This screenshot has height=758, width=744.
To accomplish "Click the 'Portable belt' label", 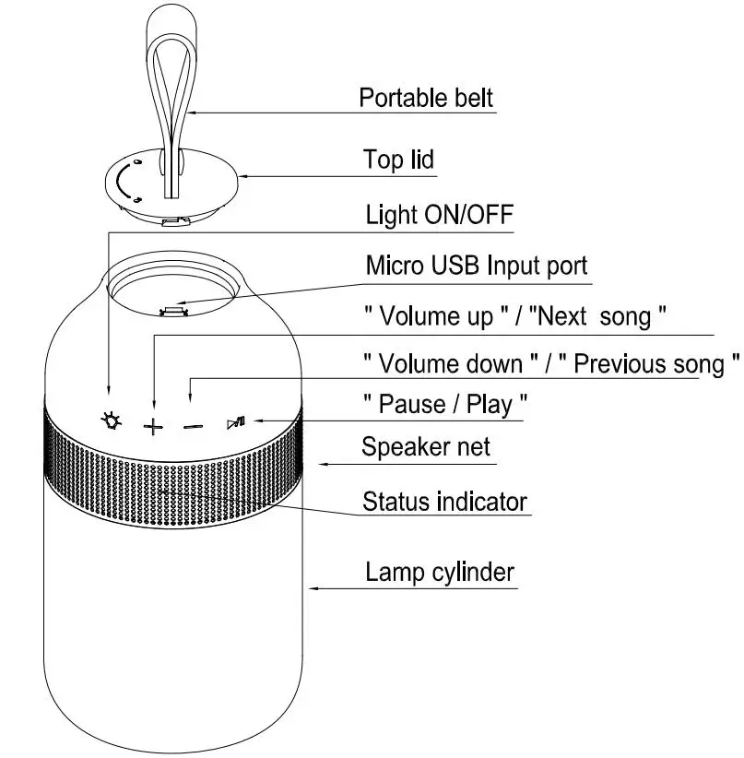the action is [x=426, y=98].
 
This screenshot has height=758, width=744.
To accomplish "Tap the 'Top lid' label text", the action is [x=398, y=160].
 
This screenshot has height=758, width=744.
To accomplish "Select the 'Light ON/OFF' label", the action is [x=439, y=216].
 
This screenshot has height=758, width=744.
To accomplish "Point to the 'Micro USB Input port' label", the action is [x=476, y=266].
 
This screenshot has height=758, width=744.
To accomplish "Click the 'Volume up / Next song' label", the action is [x=514, y=317].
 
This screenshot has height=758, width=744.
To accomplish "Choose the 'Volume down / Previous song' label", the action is [x=550, y=364].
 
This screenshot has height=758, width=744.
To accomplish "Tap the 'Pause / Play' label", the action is [x=445, y=404].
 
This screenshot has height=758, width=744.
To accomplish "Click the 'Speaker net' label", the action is [x=425, y=448].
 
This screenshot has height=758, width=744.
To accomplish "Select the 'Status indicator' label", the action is [x=444, y=502].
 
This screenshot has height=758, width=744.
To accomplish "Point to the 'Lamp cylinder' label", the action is [x=439, y=572].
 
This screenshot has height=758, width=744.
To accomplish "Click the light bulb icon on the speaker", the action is [x=111, y=422].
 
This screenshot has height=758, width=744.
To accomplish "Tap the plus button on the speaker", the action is [x=153, y=425].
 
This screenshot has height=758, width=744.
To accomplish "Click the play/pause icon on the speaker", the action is [x=235, y=423].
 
